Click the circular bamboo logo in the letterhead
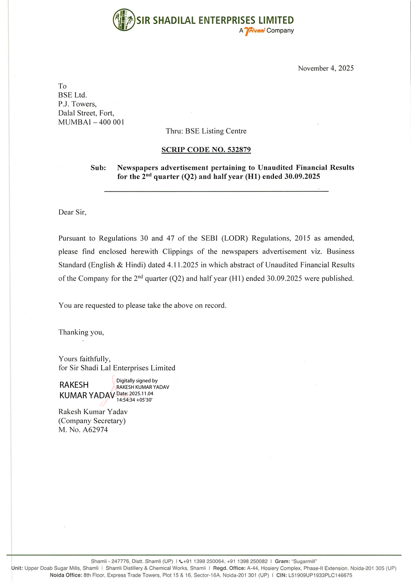point(124,20)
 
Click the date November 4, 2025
point(326,68)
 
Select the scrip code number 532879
point(239,150)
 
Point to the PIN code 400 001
point(111,122)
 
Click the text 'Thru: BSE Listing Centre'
point(206,131)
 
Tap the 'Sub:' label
point(98,168)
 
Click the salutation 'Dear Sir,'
point(72,212)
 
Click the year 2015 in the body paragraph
point(303,238)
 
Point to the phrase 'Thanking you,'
point(81,332)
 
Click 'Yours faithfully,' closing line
point(84,359)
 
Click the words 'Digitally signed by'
point(137,381)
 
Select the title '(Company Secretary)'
point(92,421)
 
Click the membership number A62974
point(95,430)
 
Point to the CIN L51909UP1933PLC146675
point(320,575)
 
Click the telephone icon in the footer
point(181,561)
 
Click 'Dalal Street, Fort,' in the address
point(86,113)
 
